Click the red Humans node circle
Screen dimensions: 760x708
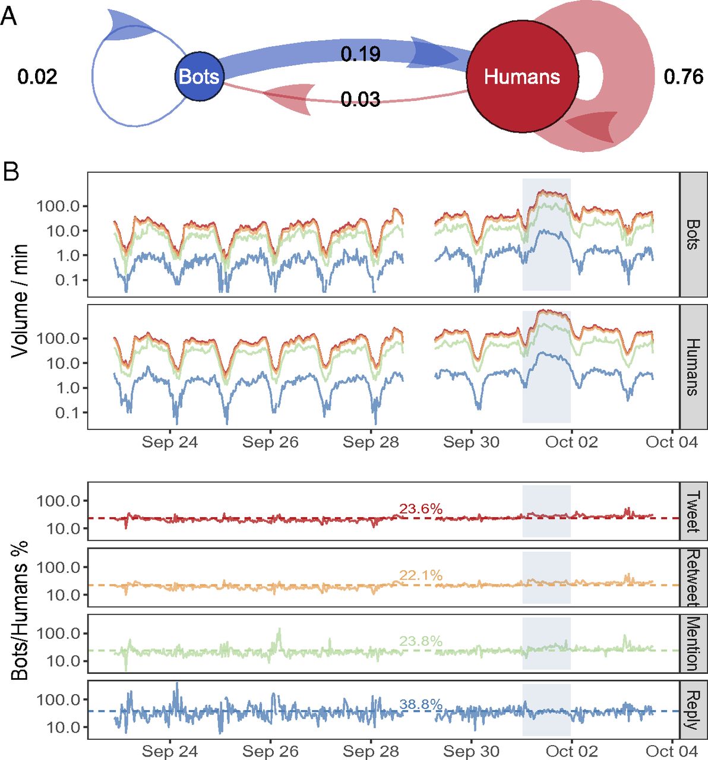pyautogui.click(x=522, y=77)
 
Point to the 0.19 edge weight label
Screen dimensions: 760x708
pyautogui.click(x=361, y=54)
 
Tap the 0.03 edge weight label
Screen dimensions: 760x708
pyautogui.click(x=361, y=99)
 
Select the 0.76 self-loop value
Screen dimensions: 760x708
pyautogui.click(x=684, y=77)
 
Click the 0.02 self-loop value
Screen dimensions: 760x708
pyautogui.click(x=37, y=77)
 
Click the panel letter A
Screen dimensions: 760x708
pyautogui.click(x=9, y=16)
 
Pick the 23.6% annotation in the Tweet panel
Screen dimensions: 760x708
pyautogui.click(x=421, y=509)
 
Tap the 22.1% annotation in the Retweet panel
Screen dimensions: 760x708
pyautogui.click(x=421, y=575)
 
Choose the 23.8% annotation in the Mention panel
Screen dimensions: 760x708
pyautogui.click(x=421, y=641)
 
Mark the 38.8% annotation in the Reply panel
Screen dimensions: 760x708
pyautogui.click(x=421, y=705)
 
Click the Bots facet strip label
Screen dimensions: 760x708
pyautogui.click(x=693, y=235)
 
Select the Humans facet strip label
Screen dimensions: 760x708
pyautogui.click(x=693, y=367)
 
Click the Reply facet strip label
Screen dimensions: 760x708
pyautogui.click(x=693, y=710)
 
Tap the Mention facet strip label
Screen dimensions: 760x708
pyautogui.click(x=693, y=644)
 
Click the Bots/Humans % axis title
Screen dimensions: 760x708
pyautogui.click(x=20, y=612)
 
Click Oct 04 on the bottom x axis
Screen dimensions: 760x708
pyautogui.click(x=672, y=751)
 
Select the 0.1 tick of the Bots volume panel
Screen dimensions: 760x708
pyautogui.click(x=67, y=280)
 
